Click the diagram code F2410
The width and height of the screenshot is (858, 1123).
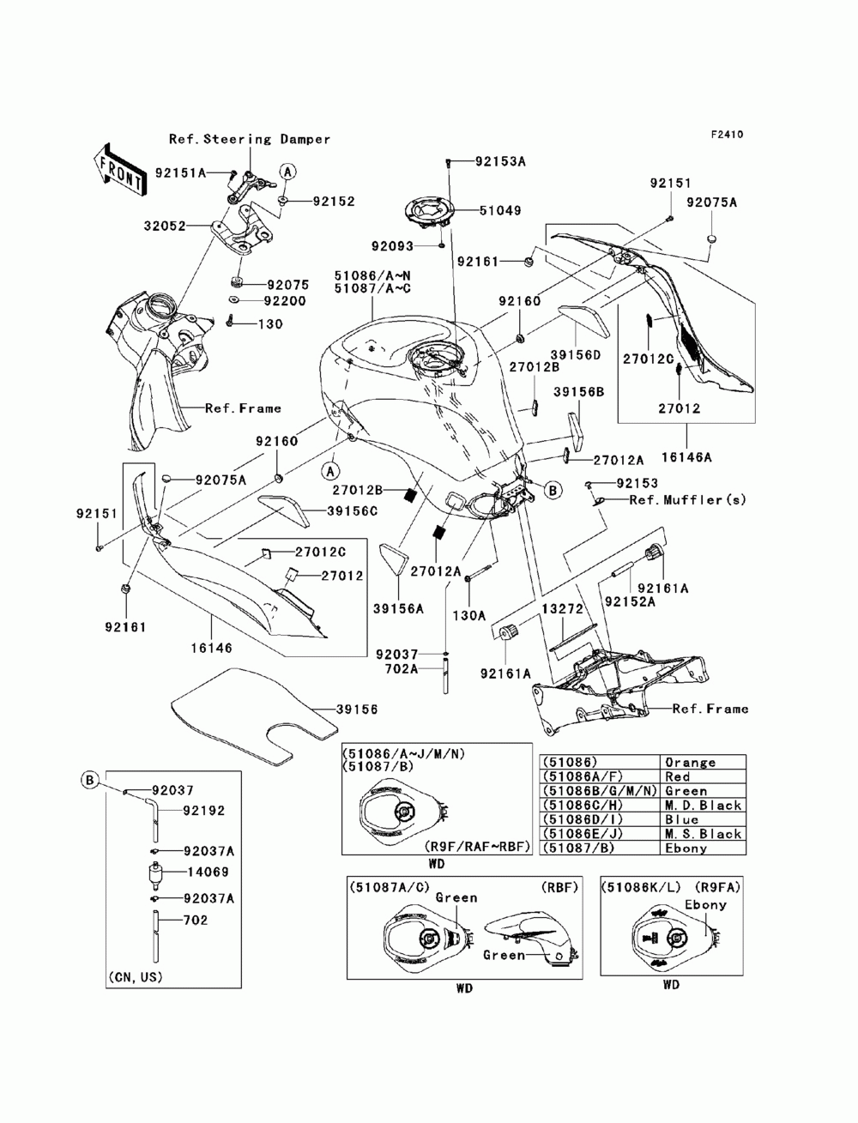[727, 135]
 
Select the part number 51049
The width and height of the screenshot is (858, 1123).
[500, 210]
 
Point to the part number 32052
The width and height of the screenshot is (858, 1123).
[165, 226]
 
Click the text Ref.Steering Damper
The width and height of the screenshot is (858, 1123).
[250, 139]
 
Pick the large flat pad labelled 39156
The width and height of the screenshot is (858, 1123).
[254, 715]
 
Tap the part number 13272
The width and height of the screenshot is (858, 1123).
[563, 608]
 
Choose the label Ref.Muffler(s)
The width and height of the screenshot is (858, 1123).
[687, 499]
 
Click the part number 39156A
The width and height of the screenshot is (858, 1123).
[399, 608]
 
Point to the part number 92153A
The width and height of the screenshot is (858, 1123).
[500, 161]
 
